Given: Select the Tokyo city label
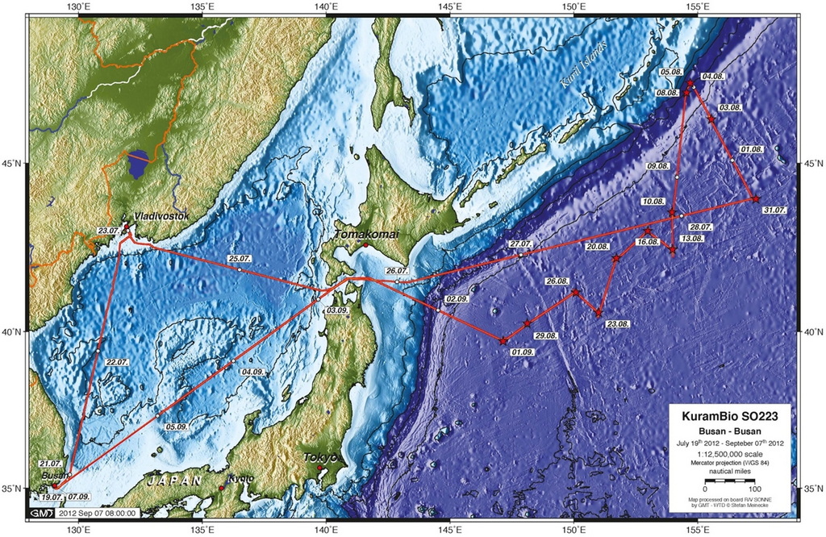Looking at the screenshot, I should [x=319, y=458].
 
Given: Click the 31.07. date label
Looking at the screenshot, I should [x=773, y=209].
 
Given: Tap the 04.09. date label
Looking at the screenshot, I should [x=252, y=372].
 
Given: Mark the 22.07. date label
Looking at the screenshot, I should [x=117, y=363].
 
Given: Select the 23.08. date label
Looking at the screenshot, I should [x=618, y=323].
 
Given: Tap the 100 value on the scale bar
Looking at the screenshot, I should [x=754, y=489].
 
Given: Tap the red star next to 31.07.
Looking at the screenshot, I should [x=755, y=198].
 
